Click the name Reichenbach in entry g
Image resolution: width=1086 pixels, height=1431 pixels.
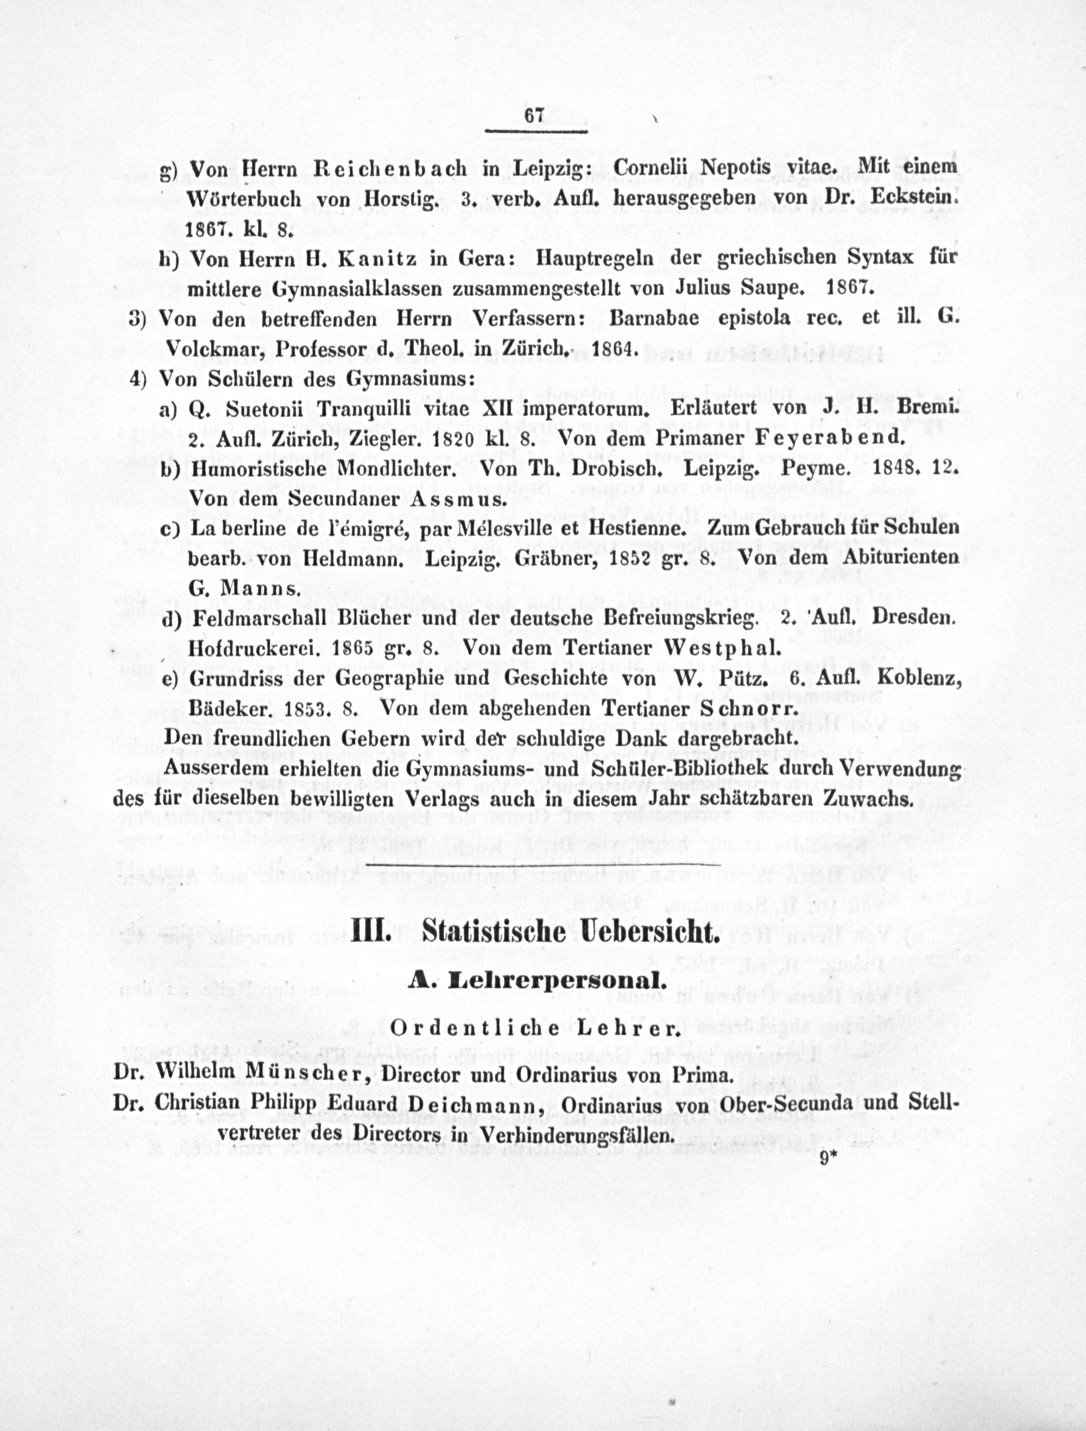click(x=390, y=168)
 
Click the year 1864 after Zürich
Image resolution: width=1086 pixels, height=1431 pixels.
click(x=614, y=349)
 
